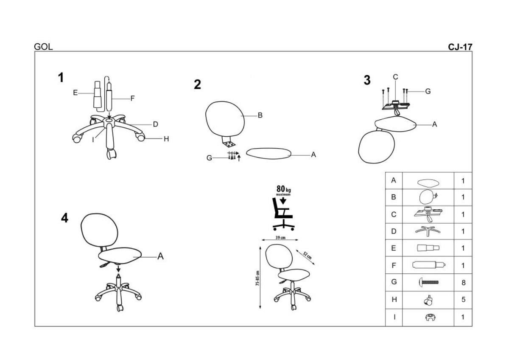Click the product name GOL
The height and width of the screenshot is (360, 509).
point(43,47)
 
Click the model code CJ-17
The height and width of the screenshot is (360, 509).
point(460,47)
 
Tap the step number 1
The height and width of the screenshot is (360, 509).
point(61,78)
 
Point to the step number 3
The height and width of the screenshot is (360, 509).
point(367,80)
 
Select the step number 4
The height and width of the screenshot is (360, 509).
point(64,218)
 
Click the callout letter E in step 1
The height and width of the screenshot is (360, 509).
point(75,93)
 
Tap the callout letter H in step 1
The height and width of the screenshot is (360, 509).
point(166,139)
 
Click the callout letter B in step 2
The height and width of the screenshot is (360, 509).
point(260,115)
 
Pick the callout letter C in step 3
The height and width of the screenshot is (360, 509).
point(395,77)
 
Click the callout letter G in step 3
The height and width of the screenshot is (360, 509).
point(428,91)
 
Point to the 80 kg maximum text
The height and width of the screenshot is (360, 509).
point(283,190)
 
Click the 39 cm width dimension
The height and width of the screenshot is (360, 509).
point(280,238)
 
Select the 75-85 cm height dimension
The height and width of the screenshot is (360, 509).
point(257,278)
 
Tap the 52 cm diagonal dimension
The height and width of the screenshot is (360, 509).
point(308,256)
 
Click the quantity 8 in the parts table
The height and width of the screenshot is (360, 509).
point(463,283)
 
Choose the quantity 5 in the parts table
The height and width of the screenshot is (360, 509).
point(463,300)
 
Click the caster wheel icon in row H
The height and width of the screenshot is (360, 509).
point(428,300)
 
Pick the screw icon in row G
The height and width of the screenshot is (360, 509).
point(428,282)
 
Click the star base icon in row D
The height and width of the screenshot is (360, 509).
point(428,231)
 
